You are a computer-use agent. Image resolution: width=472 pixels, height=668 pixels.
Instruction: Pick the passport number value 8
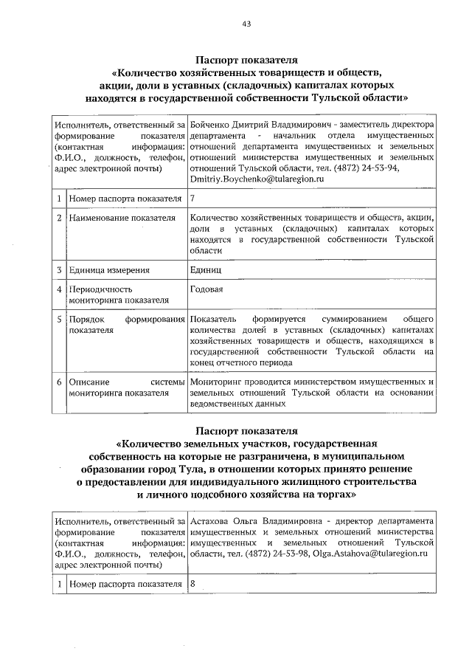coord(192,584)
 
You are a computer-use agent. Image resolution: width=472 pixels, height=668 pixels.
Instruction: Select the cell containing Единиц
coord(204,270)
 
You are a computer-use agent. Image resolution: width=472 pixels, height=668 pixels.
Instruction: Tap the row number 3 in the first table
coord(58,270)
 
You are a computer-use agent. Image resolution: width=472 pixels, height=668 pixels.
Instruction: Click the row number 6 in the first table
coord(58,382)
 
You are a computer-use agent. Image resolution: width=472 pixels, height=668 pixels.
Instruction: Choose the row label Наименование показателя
coord(121,218)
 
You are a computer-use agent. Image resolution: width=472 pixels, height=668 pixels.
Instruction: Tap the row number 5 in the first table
coord(58,319)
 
